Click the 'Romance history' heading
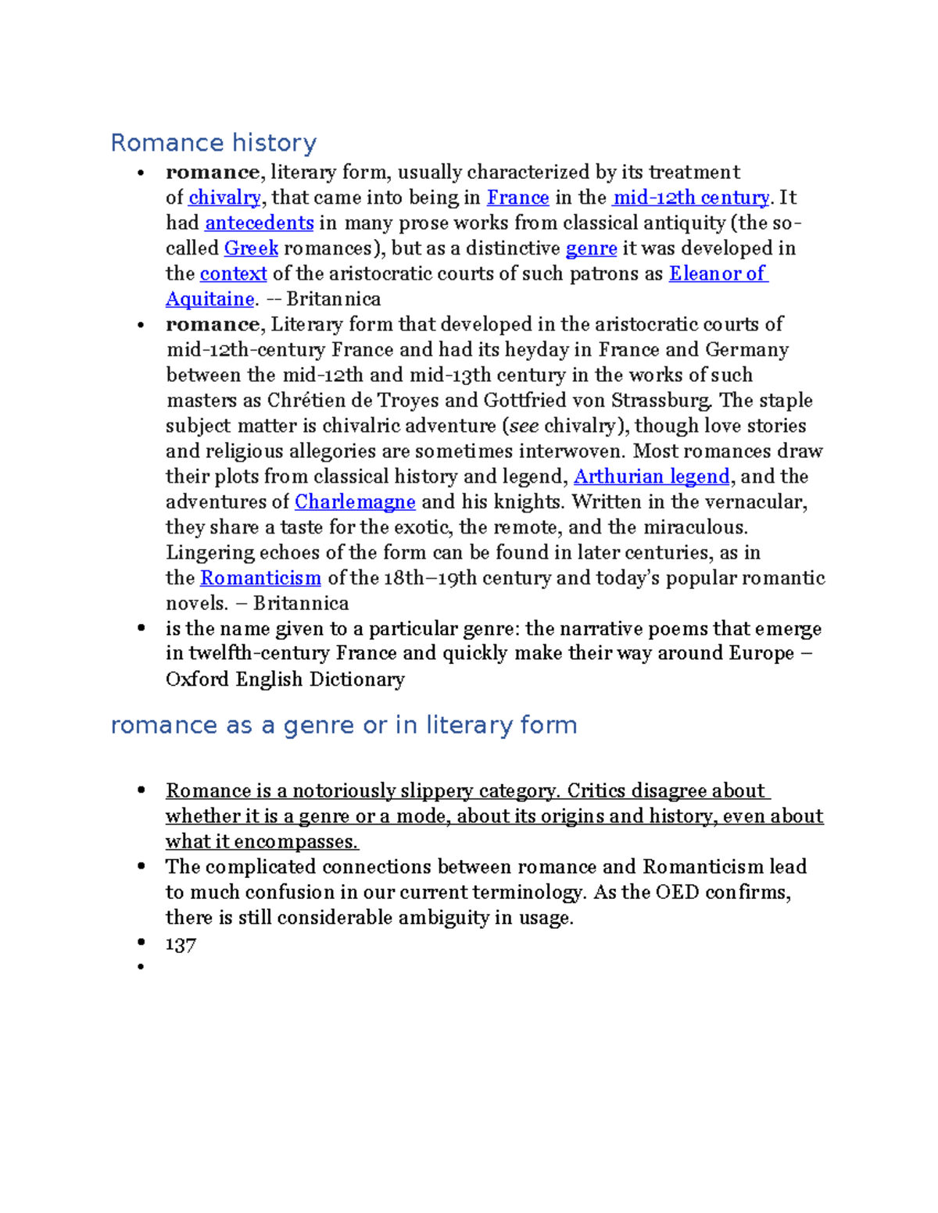[x=213, y=143]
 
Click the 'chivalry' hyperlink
[x=224, y=198]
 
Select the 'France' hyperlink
[x=517, y=198]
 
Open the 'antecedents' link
[x=259, y=223]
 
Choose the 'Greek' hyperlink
[x=251, y=248]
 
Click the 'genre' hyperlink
[x=591, y=248]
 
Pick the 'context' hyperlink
[x=233, y=274]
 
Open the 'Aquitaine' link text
[x=209, y=299]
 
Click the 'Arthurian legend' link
[x=651, y=476]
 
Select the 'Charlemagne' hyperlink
[x=355, y=501]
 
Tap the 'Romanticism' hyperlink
[x=260, y=578]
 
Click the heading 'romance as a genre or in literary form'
[x=344, y=726]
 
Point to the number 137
[x=181, y=945]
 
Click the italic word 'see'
[x=524, y=426]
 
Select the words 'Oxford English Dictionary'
[x=285, y=680]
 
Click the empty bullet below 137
[x=141, y=968]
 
